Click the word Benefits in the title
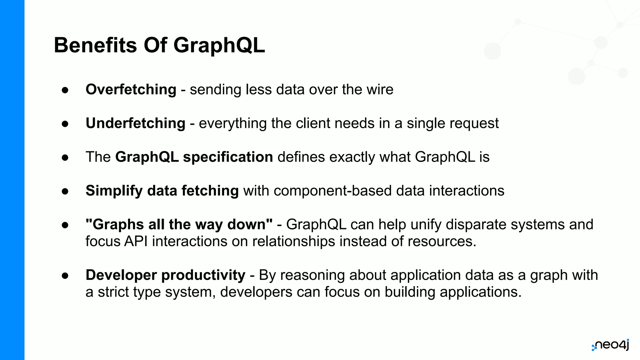[95, 45]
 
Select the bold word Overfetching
[131, 90]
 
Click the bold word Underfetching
[135, 123]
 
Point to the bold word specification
[228, 157]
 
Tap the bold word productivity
[203, 275]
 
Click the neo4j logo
[610, 345]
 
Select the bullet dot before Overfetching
[65, 90]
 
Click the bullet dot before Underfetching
[65, 124]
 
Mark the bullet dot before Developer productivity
[65, 276]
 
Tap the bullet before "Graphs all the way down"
[65, 225]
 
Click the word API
[136, 242]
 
